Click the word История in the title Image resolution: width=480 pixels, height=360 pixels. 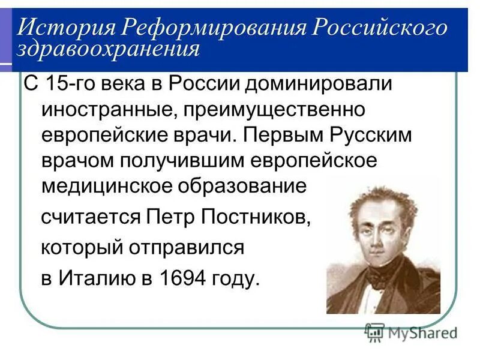coord(64,28)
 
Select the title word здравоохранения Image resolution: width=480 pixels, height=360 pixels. coord(108,49)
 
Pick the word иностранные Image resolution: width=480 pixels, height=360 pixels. coord(112,110)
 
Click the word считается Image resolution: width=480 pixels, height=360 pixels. coord(91,218)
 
